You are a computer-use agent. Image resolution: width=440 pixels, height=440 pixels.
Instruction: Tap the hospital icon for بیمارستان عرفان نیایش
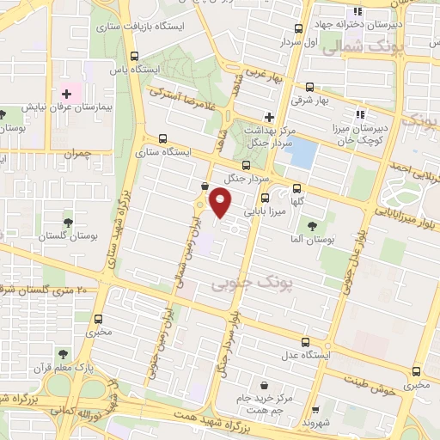pyautogui.click(x=66, y=93)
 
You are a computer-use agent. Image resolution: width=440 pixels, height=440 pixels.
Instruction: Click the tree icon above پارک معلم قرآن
pyautogui.click(x=61, y=352)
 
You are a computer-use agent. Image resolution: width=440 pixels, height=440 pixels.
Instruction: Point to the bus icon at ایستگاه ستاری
pyautogui.click(x=163, y=137)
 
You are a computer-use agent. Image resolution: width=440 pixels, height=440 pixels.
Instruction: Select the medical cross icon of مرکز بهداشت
pyautogui.click(x=269, y=116)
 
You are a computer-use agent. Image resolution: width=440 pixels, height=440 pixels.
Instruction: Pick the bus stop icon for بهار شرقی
pyautogui.click(x=309, y=87)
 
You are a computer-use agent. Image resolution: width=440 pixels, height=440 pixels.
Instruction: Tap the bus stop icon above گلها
pyautogui.click(x=297, y=189)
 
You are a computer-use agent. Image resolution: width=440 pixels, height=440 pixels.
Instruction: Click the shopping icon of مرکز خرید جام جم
pyautogui.click(x=263, y=386)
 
